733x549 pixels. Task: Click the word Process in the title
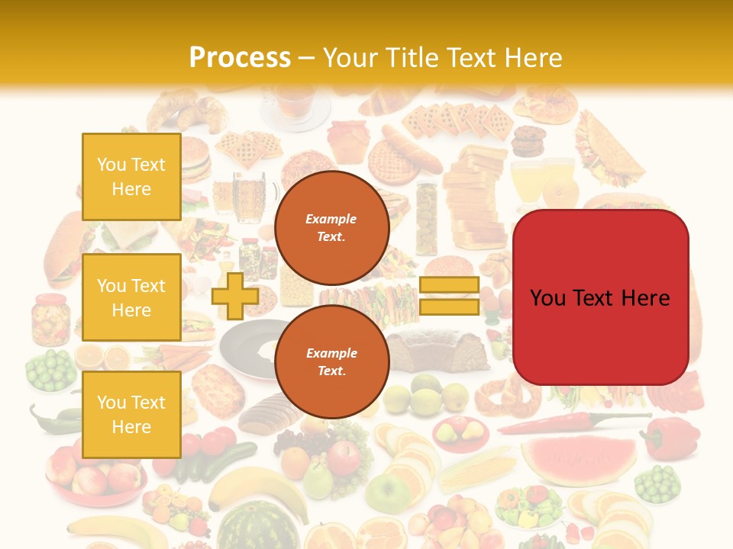click(240, 58)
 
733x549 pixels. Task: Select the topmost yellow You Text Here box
click(131, 177)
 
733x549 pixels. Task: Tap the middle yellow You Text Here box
click(131, 297)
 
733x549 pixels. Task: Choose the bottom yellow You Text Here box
click(131, 414)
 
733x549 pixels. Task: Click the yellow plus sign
click(234, 296)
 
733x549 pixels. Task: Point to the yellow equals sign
click(449, 296)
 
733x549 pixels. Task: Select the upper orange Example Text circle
click(331, 227)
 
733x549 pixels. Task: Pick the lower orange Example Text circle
click(331, 361)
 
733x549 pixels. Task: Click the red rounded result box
click(600, 297)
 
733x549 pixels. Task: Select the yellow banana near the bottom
click(244, 488)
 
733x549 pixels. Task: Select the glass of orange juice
click(527, 183)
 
